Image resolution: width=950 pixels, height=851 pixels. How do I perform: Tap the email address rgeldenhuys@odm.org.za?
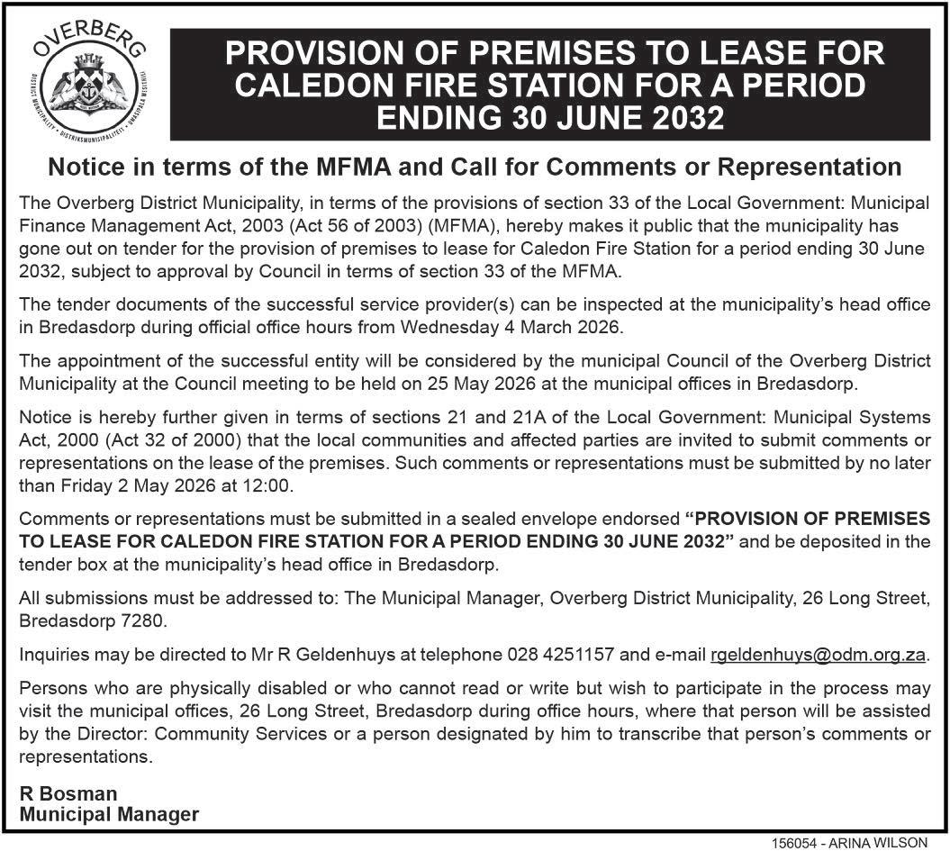click(818, 655)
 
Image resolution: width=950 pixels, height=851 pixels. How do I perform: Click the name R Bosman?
click(68, 793)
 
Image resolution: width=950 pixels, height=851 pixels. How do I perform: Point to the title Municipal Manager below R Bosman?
click(109, 814)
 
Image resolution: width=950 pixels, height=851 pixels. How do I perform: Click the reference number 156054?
click(793, 844)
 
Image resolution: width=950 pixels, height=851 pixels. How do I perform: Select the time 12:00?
click(267, 486)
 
